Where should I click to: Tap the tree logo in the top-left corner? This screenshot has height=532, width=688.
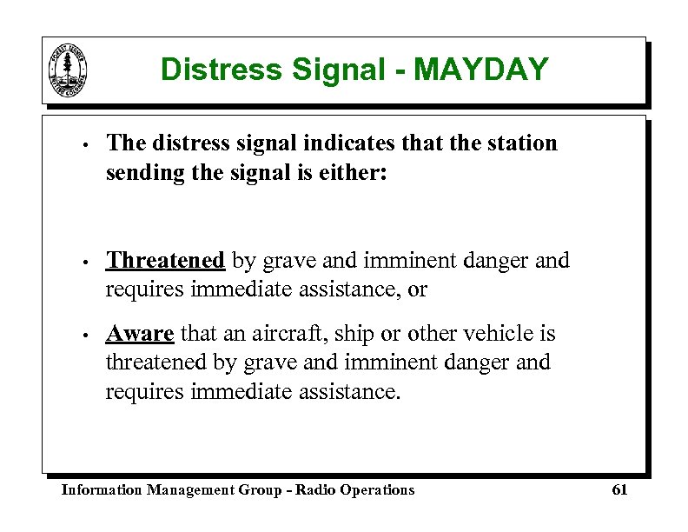pos(69,70)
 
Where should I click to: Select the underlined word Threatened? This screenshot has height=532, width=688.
pos(165,260)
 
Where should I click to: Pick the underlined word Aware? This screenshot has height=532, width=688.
pos(140,334)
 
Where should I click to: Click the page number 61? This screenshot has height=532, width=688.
pos(619,490)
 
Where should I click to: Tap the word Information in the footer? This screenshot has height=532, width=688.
pos(101,490)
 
